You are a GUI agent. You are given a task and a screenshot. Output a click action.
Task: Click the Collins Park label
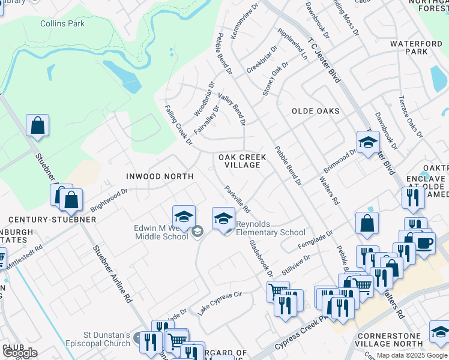(x=62, y=24)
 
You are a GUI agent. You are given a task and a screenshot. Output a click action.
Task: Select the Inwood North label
(x=159, y=176)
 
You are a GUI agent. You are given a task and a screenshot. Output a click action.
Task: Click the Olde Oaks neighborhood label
(x=316, y=111)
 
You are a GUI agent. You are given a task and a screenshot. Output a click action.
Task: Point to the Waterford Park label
(x=417, y=47)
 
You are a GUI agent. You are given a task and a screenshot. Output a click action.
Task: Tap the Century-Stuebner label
(x=48, y=220)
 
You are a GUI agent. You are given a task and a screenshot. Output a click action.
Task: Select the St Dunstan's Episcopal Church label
(x=98, y=339)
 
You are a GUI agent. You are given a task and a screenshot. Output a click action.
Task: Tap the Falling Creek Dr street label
(x=178, y=125)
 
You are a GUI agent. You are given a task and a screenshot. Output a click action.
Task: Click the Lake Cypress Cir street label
(x=220, y=304)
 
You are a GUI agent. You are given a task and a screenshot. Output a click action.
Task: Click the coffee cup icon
(x=424, y=244)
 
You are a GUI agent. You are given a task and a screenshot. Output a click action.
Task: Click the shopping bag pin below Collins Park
(x=37, y=126)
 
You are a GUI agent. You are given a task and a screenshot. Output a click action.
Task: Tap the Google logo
(x=20, y=353)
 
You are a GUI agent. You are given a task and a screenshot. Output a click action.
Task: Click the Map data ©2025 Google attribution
(x=412, y=355)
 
